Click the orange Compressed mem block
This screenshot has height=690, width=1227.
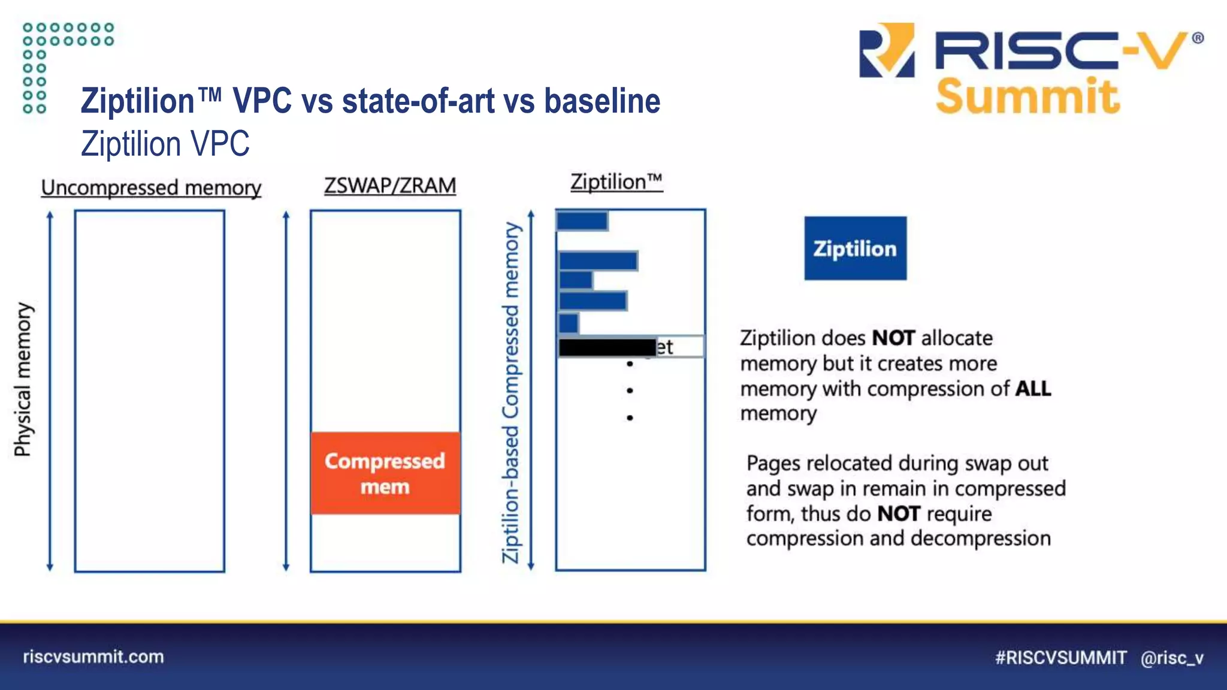[385, 473]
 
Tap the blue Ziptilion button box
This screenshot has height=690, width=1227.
[855, 249]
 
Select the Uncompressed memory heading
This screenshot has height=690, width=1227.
[151, 188]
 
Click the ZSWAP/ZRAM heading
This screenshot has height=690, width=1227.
[390, 186]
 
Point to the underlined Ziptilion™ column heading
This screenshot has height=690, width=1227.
[616, 182]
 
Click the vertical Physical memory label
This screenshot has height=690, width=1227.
[23, 380]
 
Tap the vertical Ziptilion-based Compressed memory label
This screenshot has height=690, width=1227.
[511, 392]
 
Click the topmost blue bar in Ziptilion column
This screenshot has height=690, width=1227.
[582, 221]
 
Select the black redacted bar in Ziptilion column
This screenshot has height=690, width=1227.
[607, 347]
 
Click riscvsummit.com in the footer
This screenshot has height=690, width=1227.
[93, 657]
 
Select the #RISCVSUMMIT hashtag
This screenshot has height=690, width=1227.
[1060, 658]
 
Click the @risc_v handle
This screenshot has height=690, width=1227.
[1172, 658]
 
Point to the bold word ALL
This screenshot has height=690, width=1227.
[1033, 389]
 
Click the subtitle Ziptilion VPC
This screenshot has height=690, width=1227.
[165, 144]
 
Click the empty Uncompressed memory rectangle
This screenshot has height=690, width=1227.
[150, 391]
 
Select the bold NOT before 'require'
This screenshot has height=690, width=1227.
[899, 514]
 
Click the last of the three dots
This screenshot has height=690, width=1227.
[630, 417]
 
